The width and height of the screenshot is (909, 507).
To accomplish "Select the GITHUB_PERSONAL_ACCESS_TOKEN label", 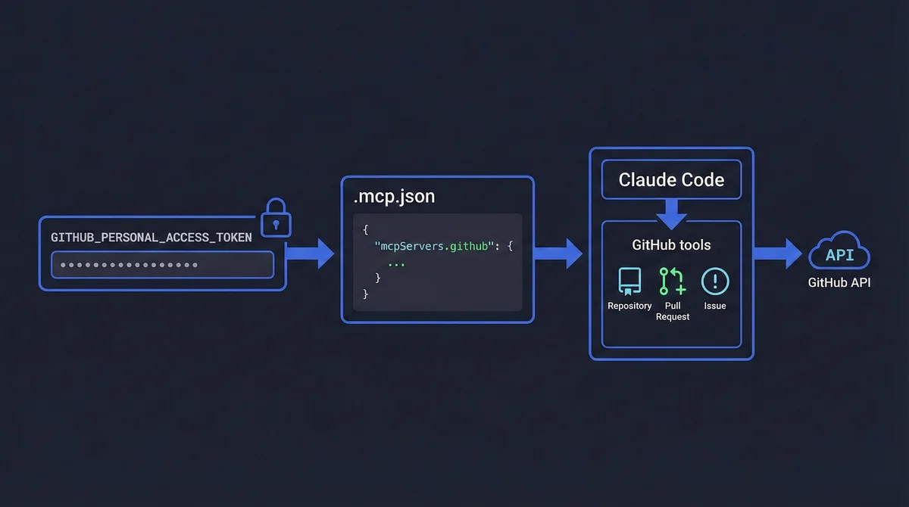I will pyautogui.click(x=151, y=238).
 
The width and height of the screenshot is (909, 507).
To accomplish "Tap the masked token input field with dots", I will pyautogui.click(x=162, y=265).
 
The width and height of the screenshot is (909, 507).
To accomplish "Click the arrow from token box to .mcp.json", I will pyautogui.click(x=311, y=253).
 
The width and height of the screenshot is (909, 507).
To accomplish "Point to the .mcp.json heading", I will pyautogui.click(x=395, y=198).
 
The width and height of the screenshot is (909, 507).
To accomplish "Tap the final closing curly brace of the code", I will pyautogui.click(x=366, y=294).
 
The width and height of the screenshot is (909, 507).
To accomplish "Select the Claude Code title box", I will pyautogui.click(x=671, y=180).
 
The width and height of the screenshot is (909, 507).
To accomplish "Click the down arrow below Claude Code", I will pyautogui.click(x=671, y=214).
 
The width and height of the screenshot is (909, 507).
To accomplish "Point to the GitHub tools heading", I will pyautogui.click(x=671, y=245).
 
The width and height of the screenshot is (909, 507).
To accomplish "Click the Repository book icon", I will pyautogui.click(x=629, y=281).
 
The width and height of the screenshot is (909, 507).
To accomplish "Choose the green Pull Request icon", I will pyautogui.click(x=672, y=281).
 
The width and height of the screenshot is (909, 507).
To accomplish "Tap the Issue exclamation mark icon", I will pyautogui.click(x=715, y=281).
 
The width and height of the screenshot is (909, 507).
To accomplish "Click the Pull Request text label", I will pyautogui.click(x=673, y=311).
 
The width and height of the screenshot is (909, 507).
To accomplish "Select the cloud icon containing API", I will pyautogui.click(x=839, y=255).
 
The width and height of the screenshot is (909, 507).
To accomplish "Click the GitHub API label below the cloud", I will pyautogui.click(x=839, y=283).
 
